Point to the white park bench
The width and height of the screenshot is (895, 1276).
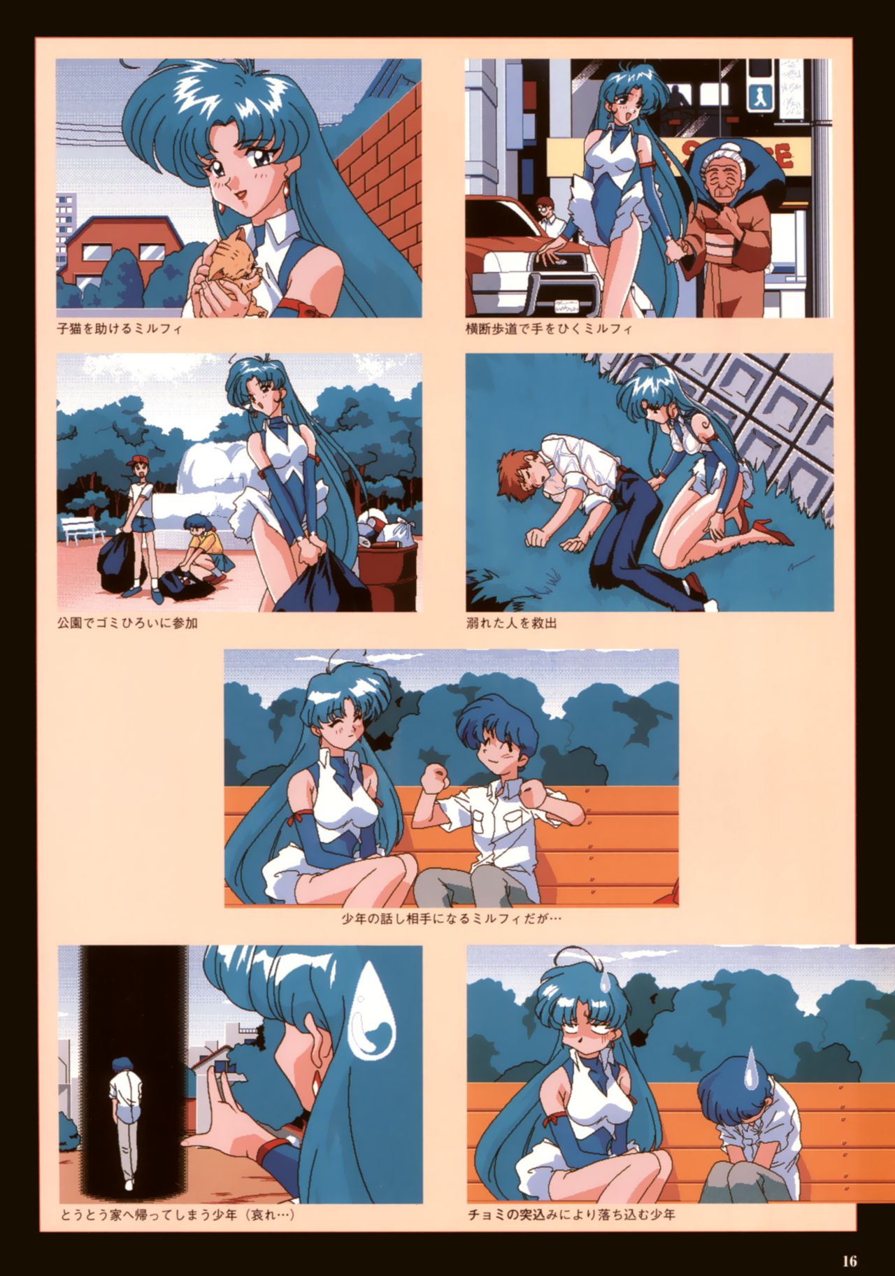[x=82, y=530]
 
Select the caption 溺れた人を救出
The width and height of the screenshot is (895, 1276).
[x=511, y=622]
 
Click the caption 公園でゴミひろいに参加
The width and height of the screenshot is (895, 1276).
[x=127, y=622]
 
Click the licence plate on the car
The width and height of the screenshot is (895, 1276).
[x=570, y=305]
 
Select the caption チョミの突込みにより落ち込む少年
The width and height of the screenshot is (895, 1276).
[x=571, y=1215]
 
